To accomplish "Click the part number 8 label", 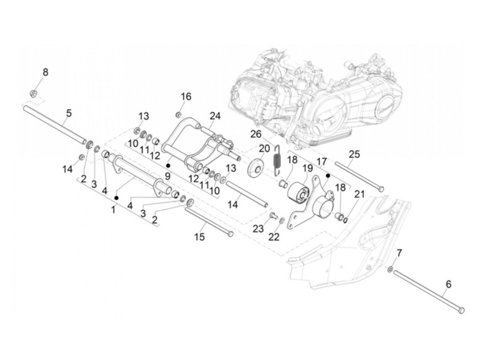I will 45,73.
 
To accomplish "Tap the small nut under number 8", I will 34,93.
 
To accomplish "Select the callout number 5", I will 69,113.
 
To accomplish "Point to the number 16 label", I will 186,97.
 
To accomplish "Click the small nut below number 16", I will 179,114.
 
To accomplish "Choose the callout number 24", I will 215,116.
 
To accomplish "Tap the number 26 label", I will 255,134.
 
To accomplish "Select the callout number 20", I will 264,149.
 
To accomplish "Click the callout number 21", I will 360,195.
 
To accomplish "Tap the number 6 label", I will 449,284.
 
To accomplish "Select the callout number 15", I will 199,236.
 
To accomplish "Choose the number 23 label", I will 258,228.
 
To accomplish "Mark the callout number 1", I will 113,209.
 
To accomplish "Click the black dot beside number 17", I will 328,175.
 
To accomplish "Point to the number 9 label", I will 168,176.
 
